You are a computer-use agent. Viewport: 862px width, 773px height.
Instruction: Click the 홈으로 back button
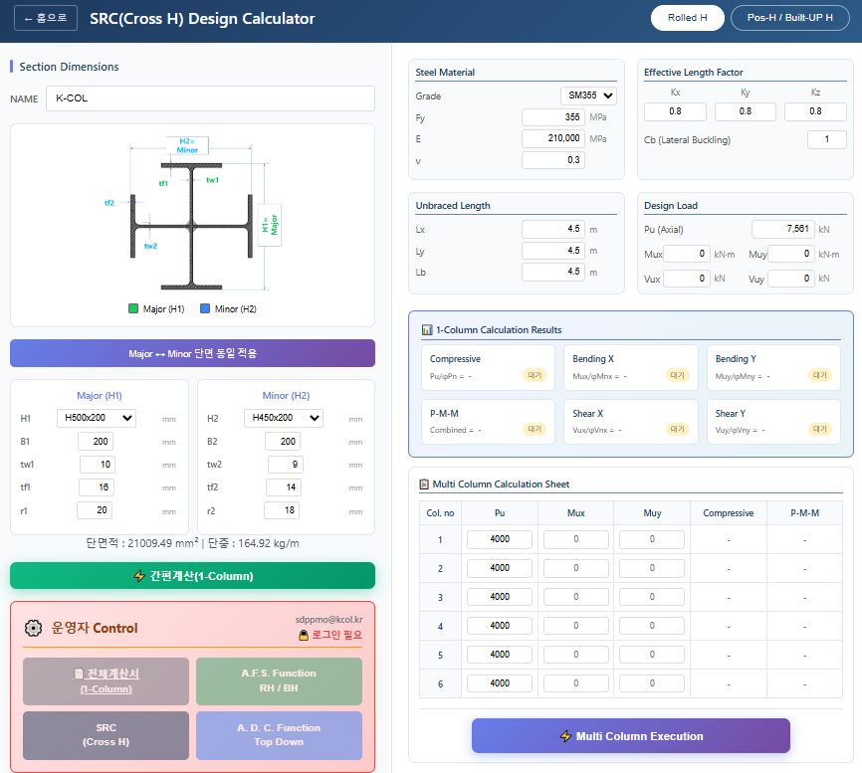[46, 18]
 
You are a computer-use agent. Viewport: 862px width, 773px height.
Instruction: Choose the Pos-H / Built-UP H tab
[789, 18]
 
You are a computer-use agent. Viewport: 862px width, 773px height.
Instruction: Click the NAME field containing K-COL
[210, 98]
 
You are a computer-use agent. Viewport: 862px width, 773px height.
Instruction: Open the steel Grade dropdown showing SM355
[588, 97]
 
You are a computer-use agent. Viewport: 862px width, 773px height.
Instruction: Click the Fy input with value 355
[553, 117]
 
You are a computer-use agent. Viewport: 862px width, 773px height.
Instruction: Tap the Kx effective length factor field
[676, 111]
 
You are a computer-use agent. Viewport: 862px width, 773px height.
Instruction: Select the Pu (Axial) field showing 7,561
[782, 229]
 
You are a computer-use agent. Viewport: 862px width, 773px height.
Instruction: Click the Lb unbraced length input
[553, 273]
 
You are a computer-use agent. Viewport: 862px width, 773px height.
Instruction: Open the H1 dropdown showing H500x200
[97, 419]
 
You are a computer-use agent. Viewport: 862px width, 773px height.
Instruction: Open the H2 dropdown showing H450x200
[284, 419]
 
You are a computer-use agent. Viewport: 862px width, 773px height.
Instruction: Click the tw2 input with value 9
[286, 465]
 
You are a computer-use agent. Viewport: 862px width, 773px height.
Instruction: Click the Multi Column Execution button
[631, 736]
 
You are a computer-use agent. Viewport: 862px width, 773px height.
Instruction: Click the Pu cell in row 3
[499, 597]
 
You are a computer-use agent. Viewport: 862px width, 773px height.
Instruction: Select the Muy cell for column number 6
[652, 683]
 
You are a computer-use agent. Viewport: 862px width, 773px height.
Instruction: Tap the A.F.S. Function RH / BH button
[279, 680]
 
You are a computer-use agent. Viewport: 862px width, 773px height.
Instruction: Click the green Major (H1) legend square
[133, 308]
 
